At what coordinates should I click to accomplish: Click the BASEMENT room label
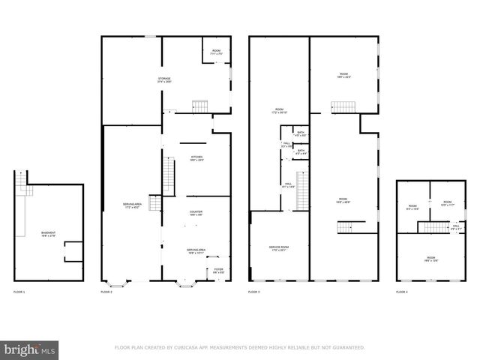[x=48, y=234]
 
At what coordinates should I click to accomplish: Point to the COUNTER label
[x=196, y=214]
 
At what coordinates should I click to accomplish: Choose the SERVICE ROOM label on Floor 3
[x=279, y=248]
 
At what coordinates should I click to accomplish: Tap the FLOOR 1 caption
[x=19, y=292]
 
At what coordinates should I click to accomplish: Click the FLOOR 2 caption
[x=106, y=292]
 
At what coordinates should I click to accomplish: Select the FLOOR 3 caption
[x=254, y=292]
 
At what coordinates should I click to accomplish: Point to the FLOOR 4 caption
[x=403, y=292]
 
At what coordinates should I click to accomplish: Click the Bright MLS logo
[x=30, y=349]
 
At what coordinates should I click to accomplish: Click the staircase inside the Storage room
[x=199, y=106]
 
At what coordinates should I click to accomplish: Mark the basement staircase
[x=26, y=190]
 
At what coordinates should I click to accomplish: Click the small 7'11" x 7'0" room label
[x=217, y=52]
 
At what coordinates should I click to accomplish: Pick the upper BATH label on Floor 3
[x=301, y=134]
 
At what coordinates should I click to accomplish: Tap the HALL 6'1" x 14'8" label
[x=289, y=184]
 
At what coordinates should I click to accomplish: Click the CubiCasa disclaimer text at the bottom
[x=240, y=348]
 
